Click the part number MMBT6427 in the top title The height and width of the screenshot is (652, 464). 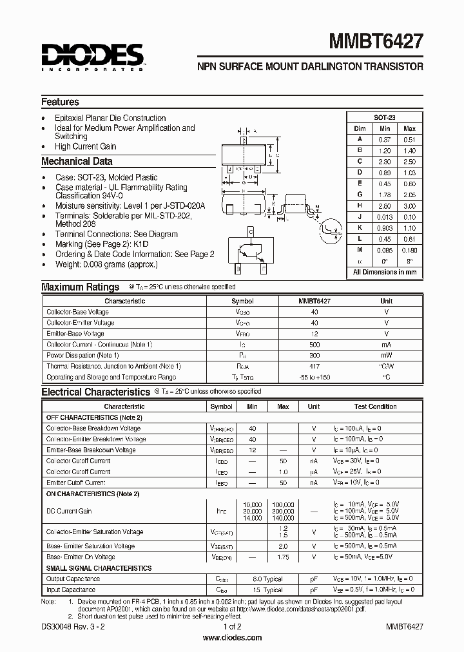point(376,43)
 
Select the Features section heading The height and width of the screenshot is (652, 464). point(60,102)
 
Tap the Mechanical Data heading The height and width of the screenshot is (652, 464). point(77,162)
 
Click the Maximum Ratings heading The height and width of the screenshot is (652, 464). point(80,287)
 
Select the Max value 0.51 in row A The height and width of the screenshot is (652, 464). point(409,139)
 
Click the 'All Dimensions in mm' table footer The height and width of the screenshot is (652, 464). point(385,272)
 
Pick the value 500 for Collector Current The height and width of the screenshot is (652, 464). point(314,345)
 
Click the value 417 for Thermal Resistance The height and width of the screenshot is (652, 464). point(314,366)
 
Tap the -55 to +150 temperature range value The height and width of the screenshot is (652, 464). point(314,377)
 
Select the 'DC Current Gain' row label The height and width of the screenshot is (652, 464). point(69,511)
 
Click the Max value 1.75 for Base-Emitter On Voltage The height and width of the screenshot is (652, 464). point(282,557)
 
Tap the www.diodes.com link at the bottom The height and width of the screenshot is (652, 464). point(232,637)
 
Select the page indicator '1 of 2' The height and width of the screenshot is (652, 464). point(232,626)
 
